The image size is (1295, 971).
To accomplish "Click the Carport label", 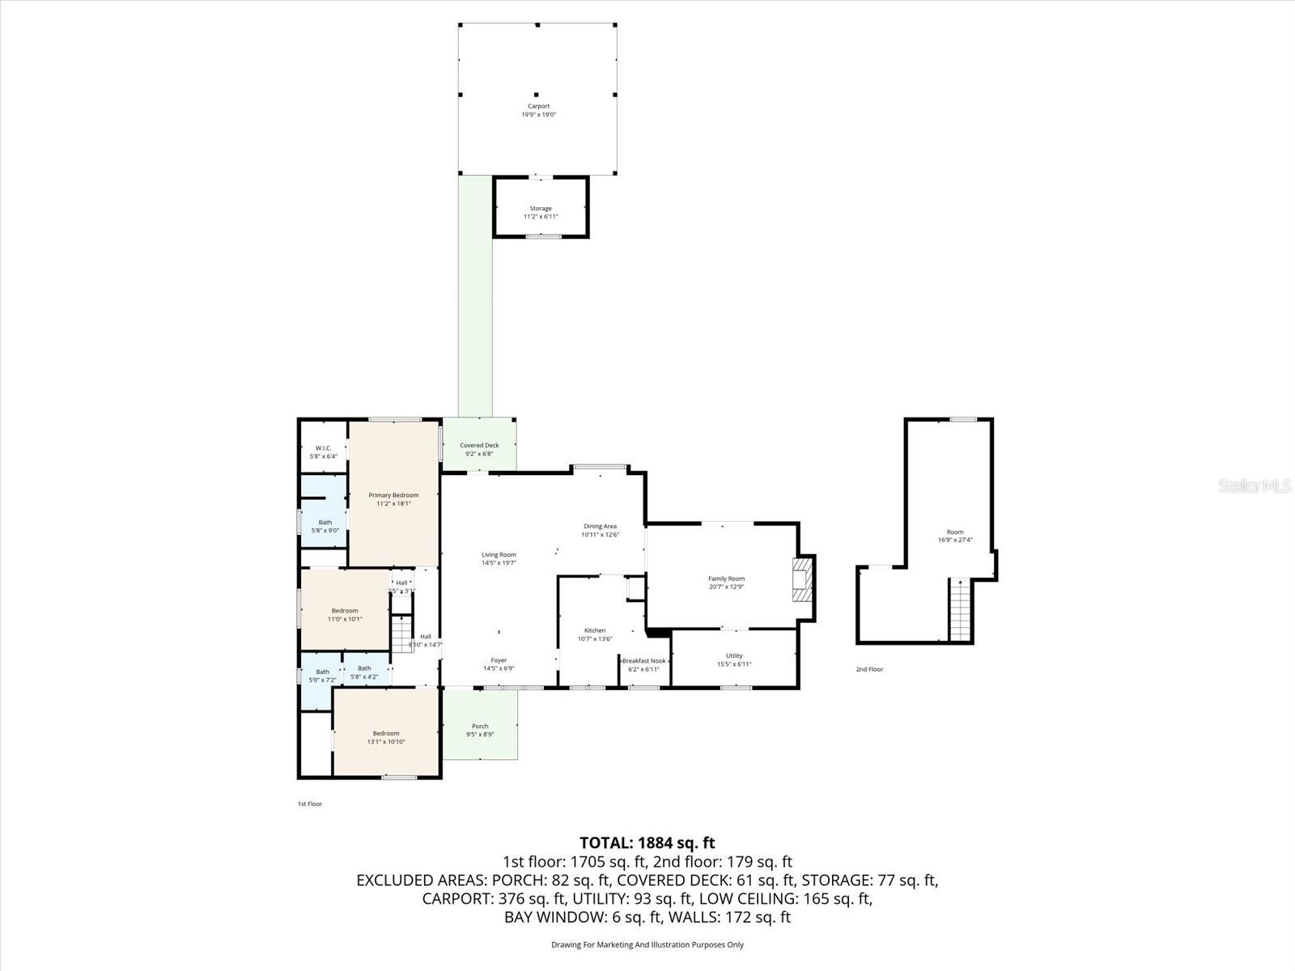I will pyautogui.click(x=538, y=106).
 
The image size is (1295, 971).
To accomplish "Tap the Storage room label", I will pyautogui.click(x=541, y=209).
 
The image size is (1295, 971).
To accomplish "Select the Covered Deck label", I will pyautogui.click(x=479, y=445).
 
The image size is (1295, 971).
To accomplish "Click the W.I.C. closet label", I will pyautogui.click(x=323, y=448).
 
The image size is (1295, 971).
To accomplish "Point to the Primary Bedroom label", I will pyautogui.click(x=393, y=495).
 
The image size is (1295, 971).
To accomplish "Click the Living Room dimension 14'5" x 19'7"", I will pyautogui.click(x=499, y=563).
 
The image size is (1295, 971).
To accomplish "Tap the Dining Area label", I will pyautogui.click(x=600, y=526).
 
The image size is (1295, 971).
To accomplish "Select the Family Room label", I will pyautogui.click(x=726, y=579).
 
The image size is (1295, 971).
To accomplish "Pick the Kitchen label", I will pyautogui.click(x=595, y=630).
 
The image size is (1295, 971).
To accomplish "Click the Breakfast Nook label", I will pyautogui.click(x=643, y=661).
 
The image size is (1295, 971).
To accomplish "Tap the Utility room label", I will pyautogui.click(x=734, y=655).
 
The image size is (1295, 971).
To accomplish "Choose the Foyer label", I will pyautogui.click(x=499, y=660).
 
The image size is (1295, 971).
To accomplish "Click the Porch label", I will pyautogui.click(x=480, y=726).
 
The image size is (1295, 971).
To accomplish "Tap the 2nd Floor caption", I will pyautogui.click(x=869, y=669).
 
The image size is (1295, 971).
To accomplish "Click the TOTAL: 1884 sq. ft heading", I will pyautogui.click(x=647, y=843).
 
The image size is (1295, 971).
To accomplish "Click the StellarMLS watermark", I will pyautogui.click(x=1255, y=486).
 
